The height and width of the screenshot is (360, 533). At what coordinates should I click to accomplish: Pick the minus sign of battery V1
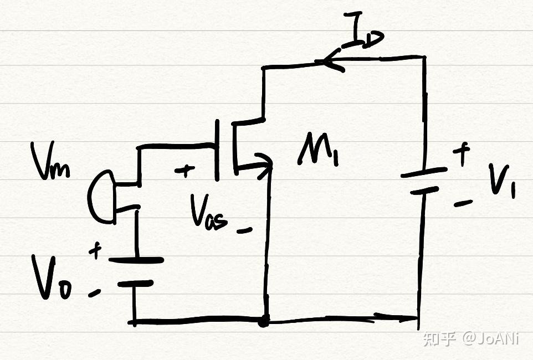click(463, 203)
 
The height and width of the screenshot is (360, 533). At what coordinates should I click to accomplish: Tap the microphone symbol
click(101, 197)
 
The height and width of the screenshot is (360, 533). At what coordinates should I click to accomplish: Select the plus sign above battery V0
click(95, 250)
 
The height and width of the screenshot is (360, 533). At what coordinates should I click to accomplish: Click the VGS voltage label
click(209, 214)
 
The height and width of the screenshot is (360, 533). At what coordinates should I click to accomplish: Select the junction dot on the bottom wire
click(264, 321)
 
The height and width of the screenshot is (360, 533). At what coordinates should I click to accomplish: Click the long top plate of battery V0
click(136, 260)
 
